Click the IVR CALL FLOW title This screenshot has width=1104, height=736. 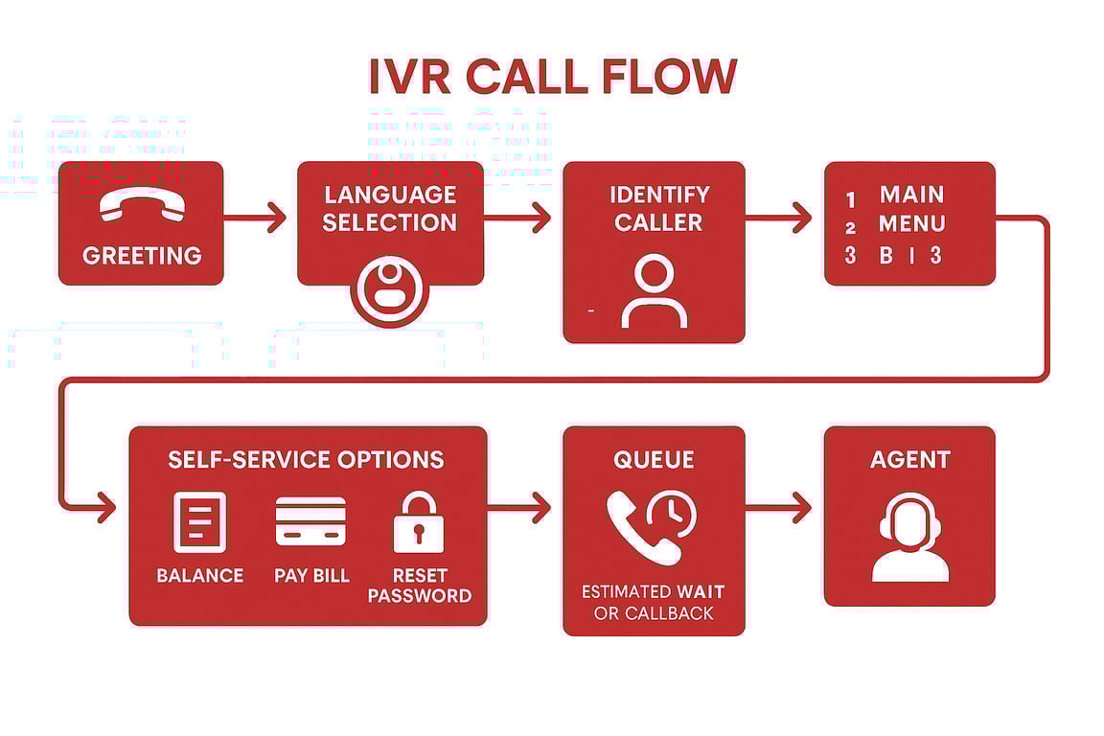click(x=552, y=77)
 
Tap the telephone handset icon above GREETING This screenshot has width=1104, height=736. click(x=142, y=204)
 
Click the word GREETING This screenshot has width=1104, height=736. click(x=142, y=256)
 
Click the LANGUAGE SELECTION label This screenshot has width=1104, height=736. click(x=389, y=208)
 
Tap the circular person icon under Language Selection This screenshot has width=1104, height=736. click(x=389, y=287)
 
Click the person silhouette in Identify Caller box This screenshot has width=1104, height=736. click(x=654, y=292)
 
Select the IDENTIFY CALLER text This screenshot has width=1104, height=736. click(x=658, y=208)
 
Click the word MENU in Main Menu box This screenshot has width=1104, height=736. click(x=911, y=224)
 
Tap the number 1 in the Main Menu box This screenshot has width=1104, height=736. click(x=850, y=200)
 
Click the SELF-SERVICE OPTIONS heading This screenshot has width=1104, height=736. click(x=306, y=459)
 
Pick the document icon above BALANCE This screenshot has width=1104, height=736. click(x=199, y=521)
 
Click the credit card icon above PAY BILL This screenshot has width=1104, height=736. click(x=310, y=521)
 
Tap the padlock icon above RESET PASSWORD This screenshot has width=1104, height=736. click(x=419, y=522)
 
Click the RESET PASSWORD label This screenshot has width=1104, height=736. click(x=419, y=586)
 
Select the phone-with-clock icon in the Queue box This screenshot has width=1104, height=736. click(x=651, y=525)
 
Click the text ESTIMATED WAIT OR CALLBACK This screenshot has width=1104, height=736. click(x=653, y=603)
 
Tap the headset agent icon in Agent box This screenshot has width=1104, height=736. click(x=909, y=537)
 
